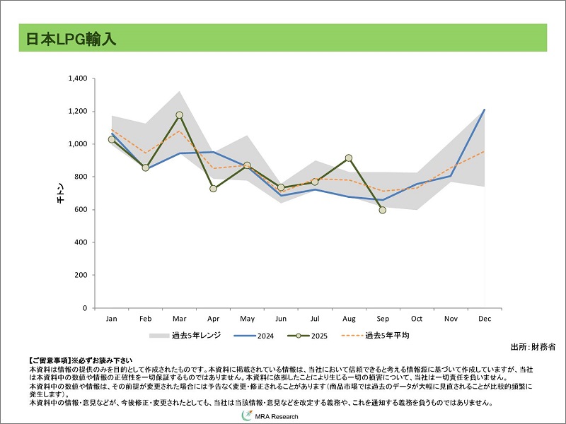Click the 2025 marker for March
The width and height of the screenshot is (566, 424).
coord(179,115)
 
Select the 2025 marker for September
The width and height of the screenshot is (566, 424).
coord(383,210)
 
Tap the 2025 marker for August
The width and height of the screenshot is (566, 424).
coord(349,158)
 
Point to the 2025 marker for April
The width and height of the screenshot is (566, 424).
coord(213,189)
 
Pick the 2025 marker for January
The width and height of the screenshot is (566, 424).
coord(112,139)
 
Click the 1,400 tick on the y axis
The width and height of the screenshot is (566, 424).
coord(76,78)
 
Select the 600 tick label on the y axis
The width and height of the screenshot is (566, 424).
coord(80,210)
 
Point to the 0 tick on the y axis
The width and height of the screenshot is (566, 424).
coord(84,308)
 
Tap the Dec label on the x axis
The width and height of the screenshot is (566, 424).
coord(485,319)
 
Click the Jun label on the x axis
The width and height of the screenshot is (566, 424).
coord(281,319)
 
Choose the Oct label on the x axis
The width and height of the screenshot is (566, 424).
coord(417,319)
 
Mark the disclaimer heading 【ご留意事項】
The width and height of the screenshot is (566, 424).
coord(49,360)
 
